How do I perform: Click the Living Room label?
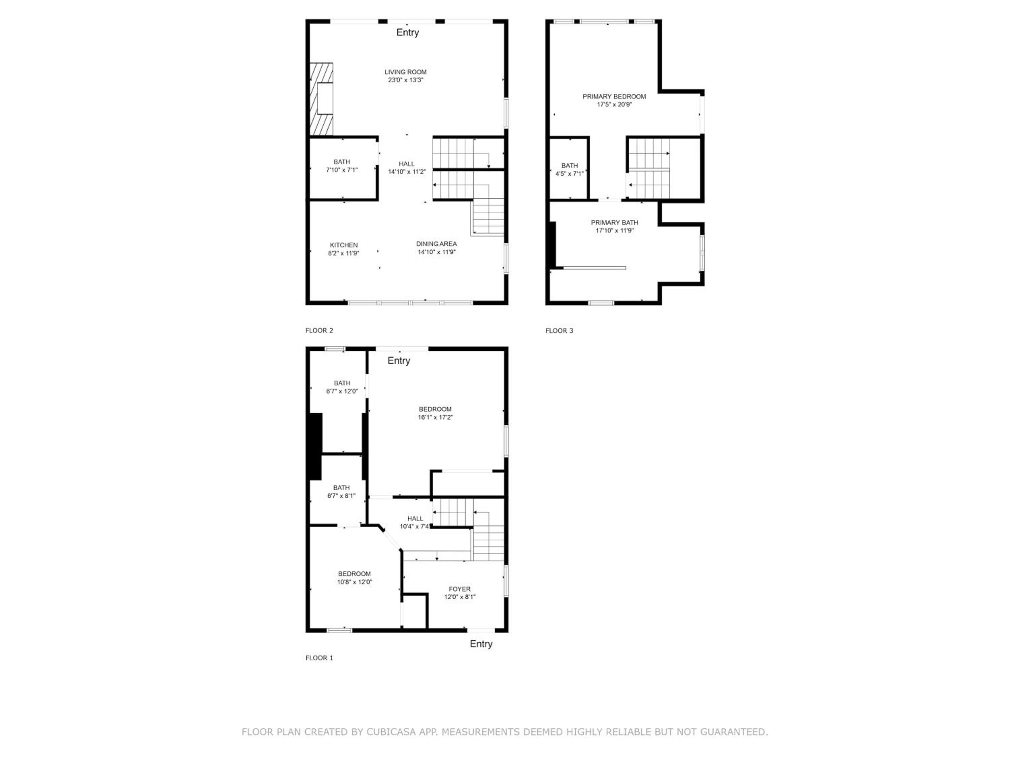[405, 72]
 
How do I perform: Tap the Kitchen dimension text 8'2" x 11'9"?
[343, 253]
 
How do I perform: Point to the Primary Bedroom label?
[614, 96]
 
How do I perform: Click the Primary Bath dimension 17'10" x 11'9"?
[614, 231]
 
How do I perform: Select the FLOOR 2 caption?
[319, 330]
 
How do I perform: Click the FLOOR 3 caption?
[559, 330]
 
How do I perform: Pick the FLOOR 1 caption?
[319, 658]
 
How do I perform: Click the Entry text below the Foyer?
[481, 644]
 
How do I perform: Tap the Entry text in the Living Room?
[407, 32]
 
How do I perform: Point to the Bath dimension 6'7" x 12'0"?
[342, 391]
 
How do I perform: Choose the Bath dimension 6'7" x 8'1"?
[341, 496]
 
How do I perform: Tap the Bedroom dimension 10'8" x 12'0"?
[354, 582]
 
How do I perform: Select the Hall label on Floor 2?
[406, 164]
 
